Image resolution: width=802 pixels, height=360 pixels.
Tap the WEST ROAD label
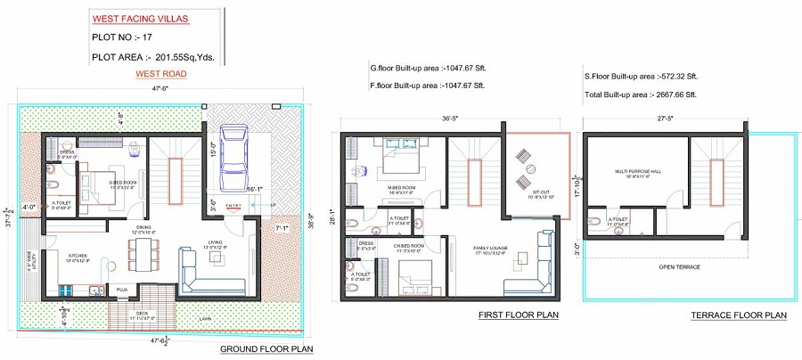point(160,75)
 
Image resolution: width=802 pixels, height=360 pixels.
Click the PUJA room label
point(120,289)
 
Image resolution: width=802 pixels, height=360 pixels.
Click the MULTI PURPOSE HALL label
point(635,172)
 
